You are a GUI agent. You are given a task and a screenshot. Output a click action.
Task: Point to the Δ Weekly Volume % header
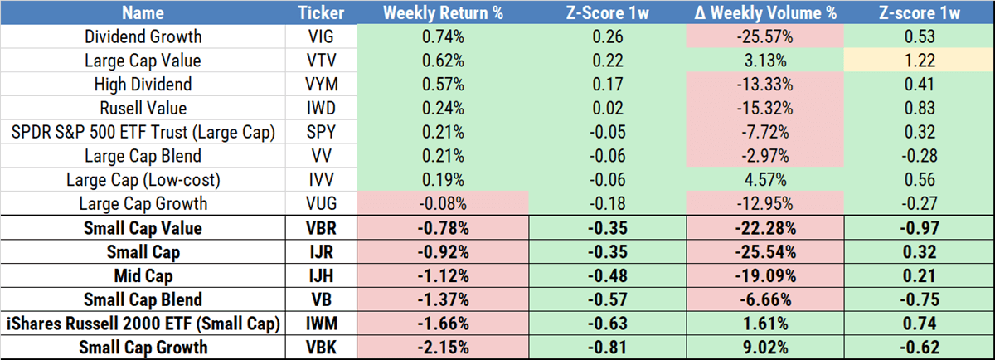(x=764, y=13)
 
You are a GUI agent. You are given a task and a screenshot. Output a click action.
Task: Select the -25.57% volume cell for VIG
(x=764, y=37)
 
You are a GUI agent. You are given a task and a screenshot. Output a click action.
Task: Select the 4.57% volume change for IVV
(x=764, y=178)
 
